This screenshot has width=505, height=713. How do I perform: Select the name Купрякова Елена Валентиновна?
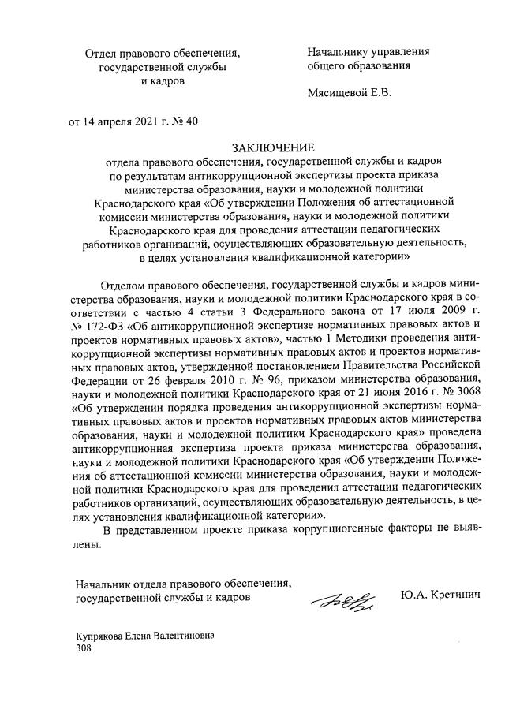pyautogui.click(x=145, y=635)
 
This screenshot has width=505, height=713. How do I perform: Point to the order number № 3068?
pyautogui.click(x=458, y=393)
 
